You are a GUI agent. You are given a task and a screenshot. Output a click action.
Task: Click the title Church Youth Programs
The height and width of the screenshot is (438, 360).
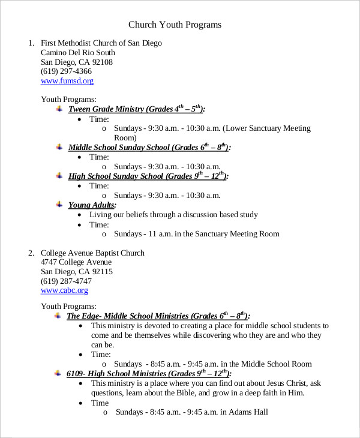click(175, 25)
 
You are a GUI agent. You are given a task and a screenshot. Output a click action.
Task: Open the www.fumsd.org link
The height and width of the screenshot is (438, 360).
click(67, 81)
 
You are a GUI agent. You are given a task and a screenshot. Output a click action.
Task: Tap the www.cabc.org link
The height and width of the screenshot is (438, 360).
click(64, 290)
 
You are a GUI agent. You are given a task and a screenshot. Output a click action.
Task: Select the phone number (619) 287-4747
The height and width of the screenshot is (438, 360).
click(66, 281)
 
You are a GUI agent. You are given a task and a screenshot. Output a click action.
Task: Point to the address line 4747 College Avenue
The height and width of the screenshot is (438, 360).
click(76, 262)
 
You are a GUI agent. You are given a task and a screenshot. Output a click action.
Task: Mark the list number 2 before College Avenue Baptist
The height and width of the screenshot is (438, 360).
click(31, 253)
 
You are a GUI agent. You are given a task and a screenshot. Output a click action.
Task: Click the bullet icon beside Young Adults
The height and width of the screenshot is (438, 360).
click(59, 205)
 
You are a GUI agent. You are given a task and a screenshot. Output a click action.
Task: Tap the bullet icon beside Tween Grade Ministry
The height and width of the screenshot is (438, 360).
click(59, 109)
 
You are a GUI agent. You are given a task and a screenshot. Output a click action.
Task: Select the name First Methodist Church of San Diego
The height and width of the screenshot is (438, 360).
click(101, 43)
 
